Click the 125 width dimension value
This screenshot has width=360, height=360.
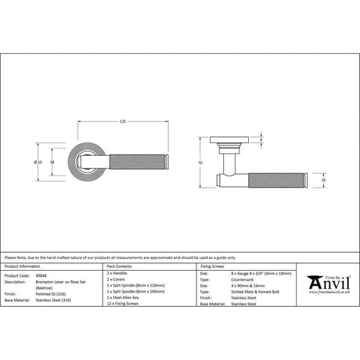click(x=123, y=121)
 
